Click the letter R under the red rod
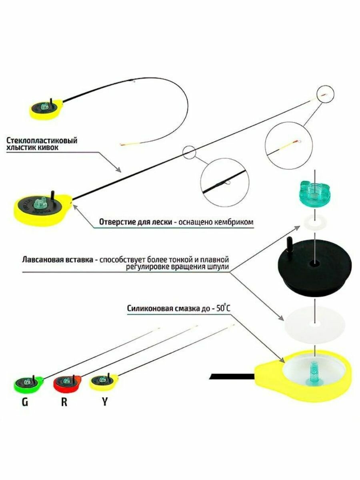pos(64,402)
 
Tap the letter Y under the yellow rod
pos(105,402)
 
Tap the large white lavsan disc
pos(314,322)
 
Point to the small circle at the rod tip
pos(325,94)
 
